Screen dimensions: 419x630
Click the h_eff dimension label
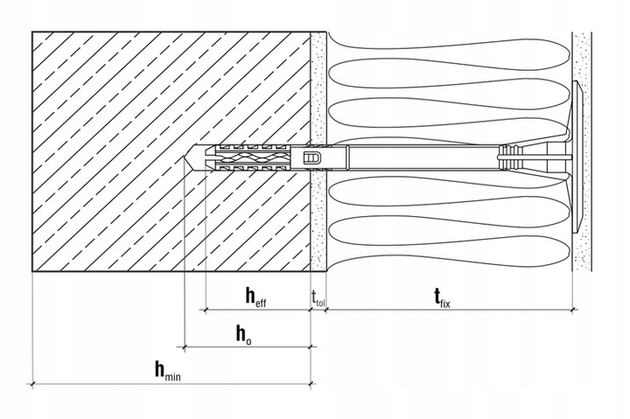pos(256,297)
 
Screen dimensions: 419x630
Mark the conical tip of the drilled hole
pos(190,161)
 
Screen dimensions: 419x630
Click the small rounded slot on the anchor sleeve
pos(311,157)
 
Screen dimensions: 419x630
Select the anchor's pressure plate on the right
pos(579,157)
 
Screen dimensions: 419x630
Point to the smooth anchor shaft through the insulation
pos(411,158)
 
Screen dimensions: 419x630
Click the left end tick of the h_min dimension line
pos(32,383)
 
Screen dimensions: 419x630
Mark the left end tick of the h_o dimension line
pos(185,346)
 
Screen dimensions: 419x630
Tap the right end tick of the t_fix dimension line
pos(572,310)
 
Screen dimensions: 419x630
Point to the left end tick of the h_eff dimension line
pos(205,310)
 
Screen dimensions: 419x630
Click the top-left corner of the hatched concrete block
pos(32,32)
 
